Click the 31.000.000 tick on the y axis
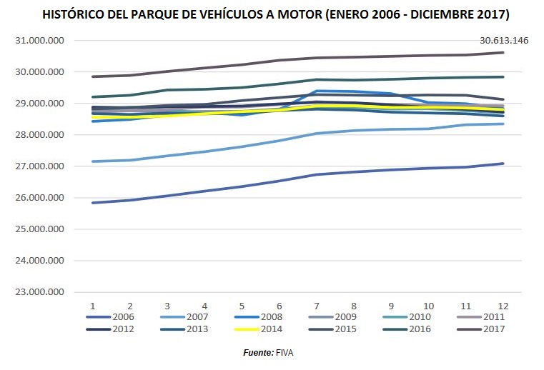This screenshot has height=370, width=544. (x=40, y=41)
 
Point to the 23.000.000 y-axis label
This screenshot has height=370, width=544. (x=40, y=292)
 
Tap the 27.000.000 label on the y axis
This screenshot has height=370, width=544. (x=40, y=166)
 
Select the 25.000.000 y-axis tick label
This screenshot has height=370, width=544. (x=40, y=229)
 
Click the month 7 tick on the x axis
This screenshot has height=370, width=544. (x=317, y=305)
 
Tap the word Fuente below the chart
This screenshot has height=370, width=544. (x=258, y=353)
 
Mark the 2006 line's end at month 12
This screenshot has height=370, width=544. (x=503, y=164)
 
